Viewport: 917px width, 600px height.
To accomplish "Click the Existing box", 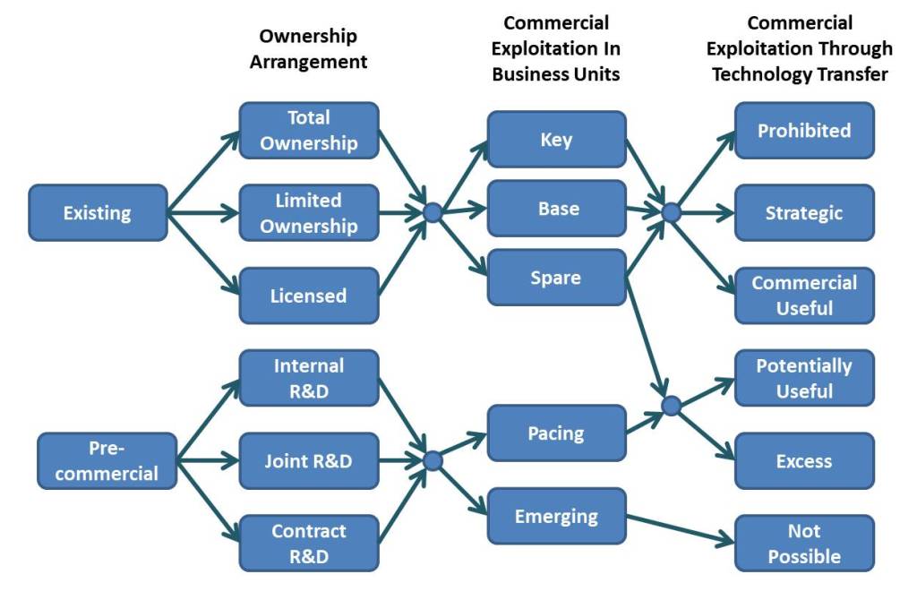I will coord(98,213).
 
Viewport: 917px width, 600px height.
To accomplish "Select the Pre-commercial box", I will coord(107,461).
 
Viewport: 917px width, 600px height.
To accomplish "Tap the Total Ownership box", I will coord(308,131).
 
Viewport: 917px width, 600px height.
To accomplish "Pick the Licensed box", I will coord(308,296).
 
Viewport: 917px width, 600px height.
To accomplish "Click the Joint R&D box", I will coord(308,461).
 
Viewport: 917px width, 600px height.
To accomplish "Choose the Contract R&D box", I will coord(308,544).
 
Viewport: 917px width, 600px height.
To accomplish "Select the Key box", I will coord(556,140).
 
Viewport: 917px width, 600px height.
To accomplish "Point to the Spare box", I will coord(556,278).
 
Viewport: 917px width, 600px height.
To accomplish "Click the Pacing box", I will coord(556,433).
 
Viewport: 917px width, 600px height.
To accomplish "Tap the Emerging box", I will coord(556,516).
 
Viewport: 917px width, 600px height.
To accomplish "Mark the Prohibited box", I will coord(804,131).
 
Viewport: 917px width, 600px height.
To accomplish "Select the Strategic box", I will coord(804,213).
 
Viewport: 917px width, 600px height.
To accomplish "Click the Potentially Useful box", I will coord(804,378).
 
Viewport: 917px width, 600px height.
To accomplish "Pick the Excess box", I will coord(804,461).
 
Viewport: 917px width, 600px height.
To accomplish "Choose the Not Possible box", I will coord(804,544).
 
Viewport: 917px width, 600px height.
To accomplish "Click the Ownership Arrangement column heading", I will coord(308,49).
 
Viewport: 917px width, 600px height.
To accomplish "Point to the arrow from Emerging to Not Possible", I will coord(681,529).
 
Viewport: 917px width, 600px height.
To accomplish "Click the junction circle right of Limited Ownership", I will coord(433,213).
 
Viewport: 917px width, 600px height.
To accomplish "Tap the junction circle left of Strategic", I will coord(671,212).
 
